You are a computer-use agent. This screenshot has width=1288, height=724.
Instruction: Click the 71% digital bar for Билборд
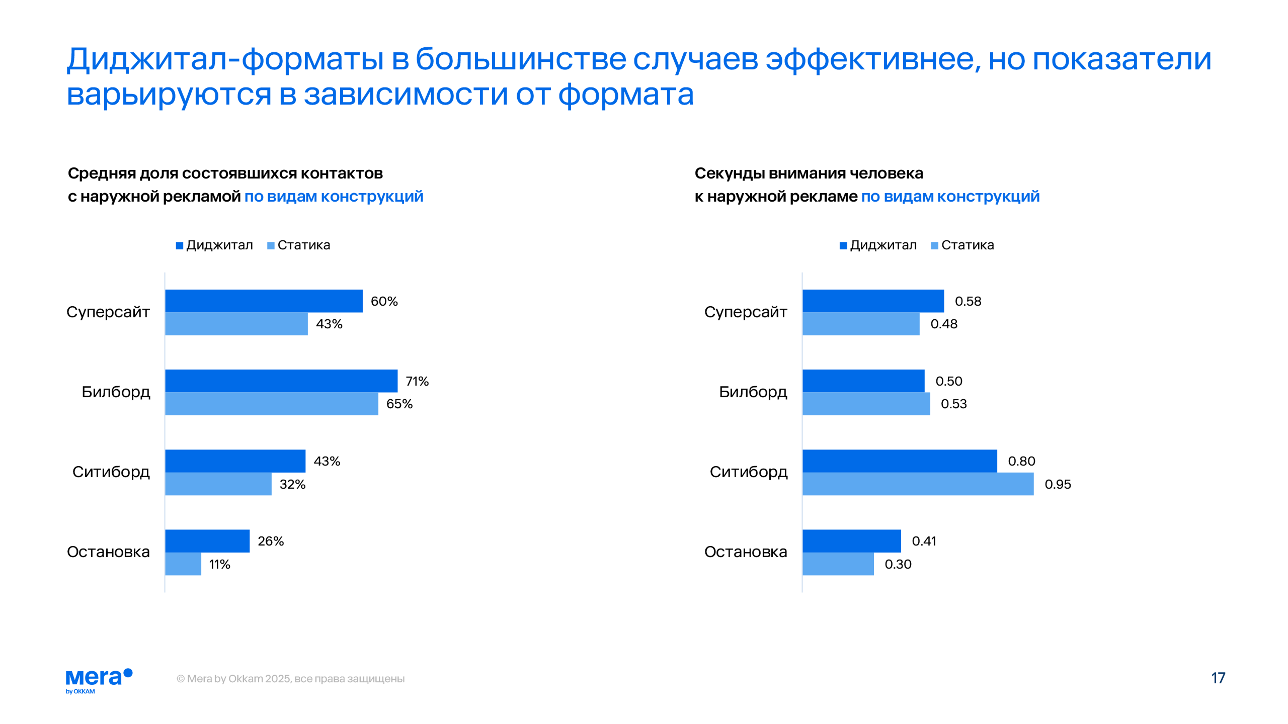(281, 381)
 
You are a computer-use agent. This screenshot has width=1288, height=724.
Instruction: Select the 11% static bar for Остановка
(183, 564)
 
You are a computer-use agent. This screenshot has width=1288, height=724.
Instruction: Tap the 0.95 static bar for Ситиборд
(918, 484)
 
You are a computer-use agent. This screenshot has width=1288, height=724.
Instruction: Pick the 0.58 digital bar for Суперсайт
(873, 301)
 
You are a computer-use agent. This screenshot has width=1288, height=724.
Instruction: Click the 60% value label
(384, 301)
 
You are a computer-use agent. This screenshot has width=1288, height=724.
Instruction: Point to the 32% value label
(292, 484)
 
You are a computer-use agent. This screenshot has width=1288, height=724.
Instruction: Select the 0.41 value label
(924, 541)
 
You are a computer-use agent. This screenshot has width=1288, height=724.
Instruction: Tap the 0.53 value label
(953, 404)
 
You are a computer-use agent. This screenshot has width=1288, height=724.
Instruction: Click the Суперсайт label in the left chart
(108, 312)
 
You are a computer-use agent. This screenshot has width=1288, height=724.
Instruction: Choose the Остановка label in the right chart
(745, 552)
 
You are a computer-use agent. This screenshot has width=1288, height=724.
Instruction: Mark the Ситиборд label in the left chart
(111, 472)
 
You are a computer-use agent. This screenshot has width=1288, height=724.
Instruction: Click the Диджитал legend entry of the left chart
(214, 245)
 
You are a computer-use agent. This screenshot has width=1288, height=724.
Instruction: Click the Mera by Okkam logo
(99, 680)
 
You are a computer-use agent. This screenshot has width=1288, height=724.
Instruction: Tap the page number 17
(1218, 678)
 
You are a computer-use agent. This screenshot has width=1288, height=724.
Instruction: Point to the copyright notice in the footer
(290, 679)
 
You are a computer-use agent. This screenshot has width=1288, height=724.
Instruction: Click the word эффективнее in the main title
(873, 59)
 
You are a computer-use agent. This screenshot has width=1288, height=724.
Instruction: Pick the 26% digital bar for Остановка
(207, 540)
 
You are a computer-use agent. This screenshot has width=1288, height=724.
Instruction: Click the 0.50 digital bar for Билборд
(863, 381)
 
